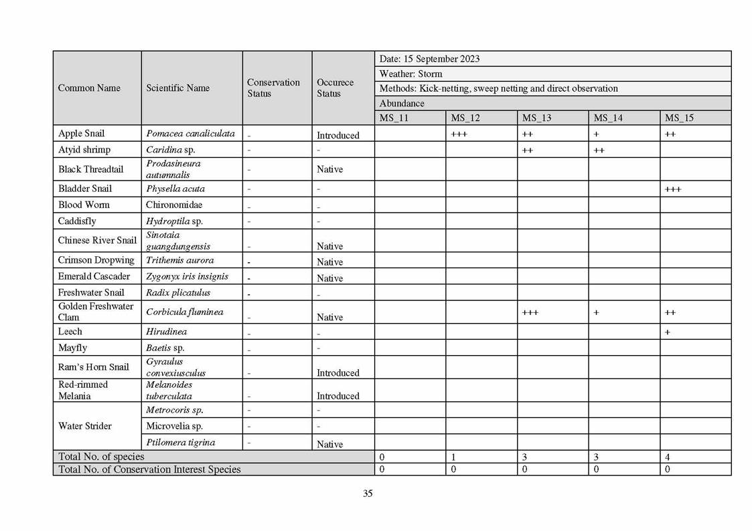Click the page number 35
[x=368, y=494]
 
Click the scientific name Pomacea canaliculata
[x=190, y=133]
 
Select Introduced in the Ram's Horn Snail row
[x=338, y=373]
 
